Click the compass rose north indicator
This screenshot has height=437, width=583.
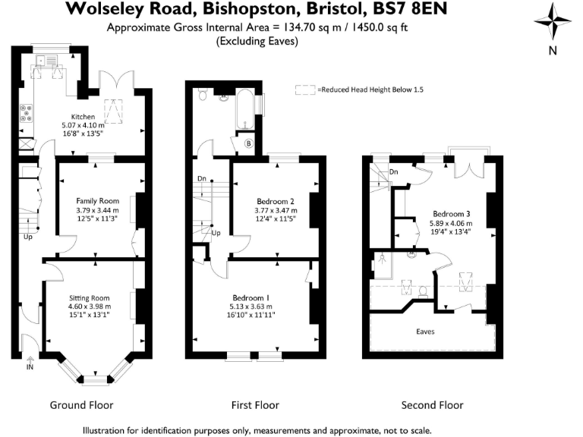pos(553,23)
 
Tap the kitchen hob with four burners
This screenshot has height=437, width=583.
pos(27,112)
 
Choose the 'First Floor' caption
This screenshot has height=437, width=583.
pos(255,405)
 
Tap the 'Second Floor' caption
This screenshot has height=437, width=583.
pos(432,405)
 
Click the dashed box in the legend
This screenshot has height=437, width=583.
pos(305,90)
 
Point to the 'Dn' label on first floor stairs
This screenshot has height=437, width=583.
pos(201,179)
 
